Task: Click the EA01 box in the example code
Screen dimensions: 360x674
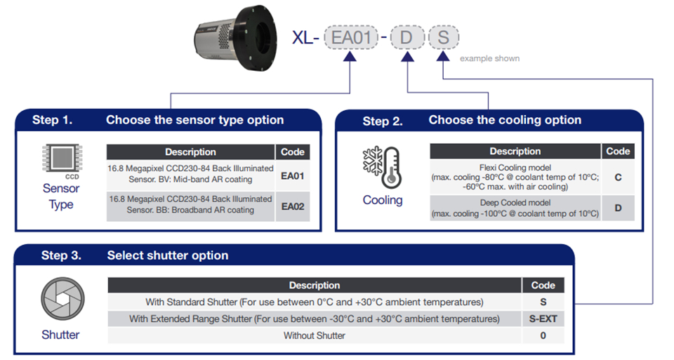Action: coord(350,37)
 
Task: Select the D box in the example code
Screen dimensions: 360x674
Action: coord(406,37)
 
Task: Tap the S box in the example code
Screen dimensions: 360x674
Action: coord(442,37)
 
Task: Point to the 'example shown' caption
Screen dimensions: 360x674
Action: coord(489,58)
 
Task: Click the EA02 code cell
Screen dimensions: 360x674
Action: coord(292,207)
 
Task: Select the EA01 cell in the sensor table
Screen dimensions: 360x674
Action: coord(292,175)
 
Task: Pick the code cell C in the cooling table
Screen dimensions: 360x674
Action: coord(618,177)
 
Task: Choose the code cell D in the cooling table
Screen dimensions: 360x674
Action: coord(618,208)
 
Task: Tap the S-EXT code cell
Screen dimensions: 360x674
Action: coord(543,319)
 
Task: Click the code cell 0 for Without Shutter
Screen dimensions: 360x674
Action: coord(543,335)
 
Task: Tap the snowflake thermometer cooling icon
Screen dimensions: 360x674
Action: coord(383,168)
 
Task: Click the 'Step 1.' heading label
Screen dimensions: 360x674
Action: coord(52,120)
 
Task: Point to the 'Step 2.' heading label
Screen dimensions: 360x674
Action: coord(383,121)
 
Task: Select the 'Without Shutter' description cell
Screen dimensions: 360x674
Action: coord(314,335)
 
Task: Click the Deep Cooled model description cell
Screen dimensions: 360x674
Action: coord(515,208)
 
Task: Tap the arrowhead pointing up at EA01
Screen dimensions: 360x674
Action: coord(350,61)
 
